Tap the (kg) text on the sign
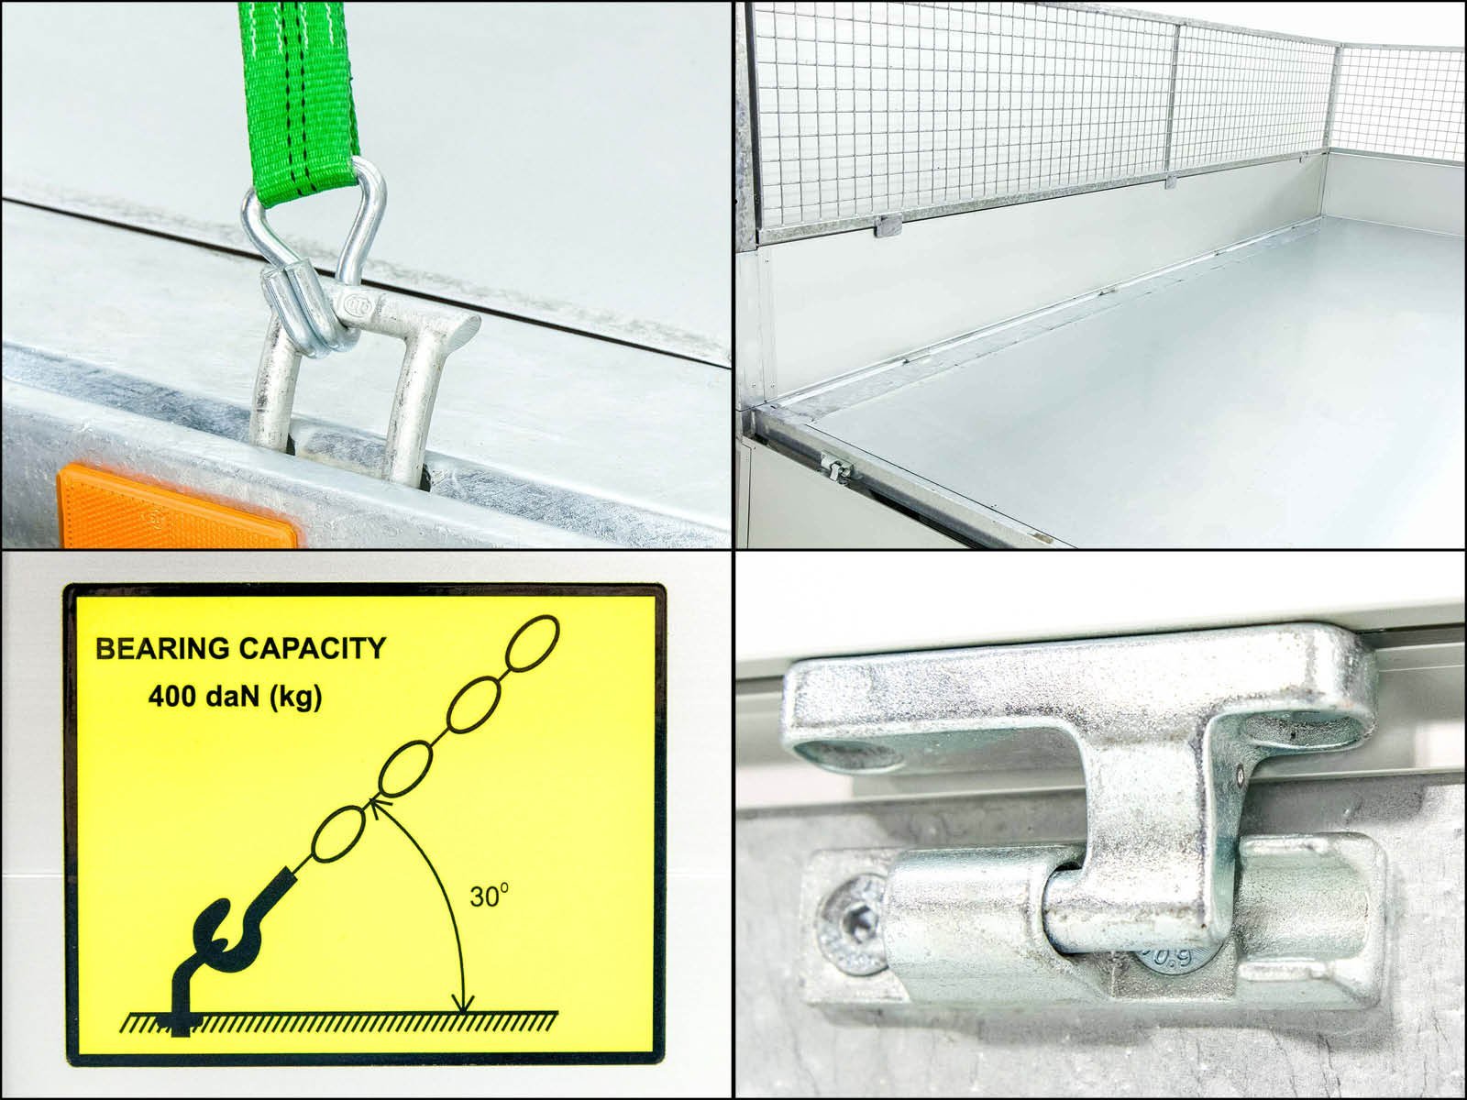point(294,698)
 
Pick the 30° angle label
point(489,896)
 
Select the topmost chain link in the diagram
point(534,642)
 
